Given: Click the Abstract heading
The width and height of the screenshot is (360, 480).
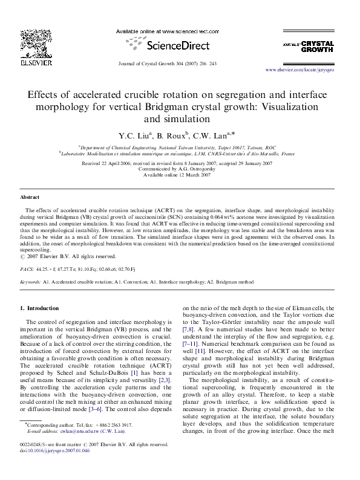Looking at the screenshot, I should [30, 197].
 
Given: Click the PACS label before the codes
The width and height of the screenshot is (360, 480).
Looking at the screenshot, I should [27, 266].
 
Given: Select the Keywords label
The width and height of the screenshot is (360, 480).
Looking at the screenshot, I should [31, 282].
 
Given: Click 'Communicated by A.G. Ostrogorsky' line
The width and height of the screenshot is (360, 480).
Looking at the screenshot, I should [180, 169].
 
